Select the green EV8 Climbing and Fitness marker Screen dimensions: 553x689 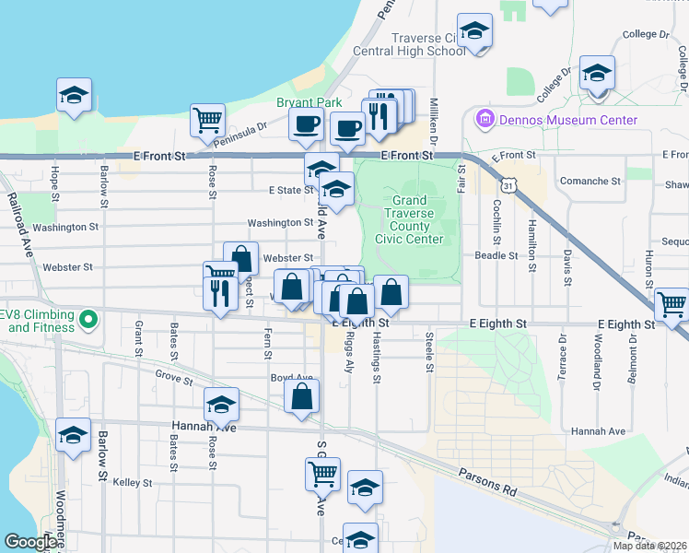(x=88, y=321)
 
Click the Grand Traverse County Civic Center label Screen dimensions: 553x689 (x=410, y=219)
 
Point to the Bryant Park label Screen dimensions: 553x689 (x=309, y=102)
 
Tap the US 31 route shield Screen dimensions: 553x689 (x=520, y=184)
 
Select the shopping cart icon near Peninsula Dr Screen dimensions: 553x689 (x=208, y=119)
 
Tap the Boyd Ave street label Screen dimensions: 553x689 (x=292, y=378)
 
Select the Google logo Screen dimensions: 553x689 (x=30, y=542)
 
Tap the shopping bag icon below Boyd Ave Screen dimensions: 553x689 (x=301, y=397)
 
